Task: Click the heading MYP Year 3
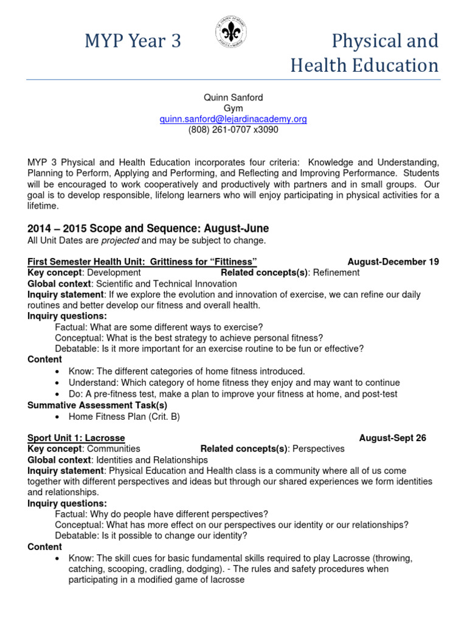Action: [x=132, y=41]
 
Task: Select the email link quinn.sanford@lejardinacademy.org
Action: [x=233, y=119]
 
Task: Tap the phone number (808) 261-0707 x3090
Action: [x=233, y=130]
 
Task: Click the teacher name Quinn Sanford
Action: [x=233, y=98]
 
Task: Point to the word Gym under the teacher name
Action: [x=233, y=108]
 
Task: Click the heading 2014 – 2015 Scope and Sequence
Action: [x=148, y=229]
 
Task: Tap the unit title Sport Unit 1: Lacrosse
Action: [x=76, y=438]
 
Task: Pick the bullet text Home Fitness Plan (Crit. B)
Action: [x=124, y=417]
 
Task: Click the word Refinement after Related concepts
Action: [x=336, y=273]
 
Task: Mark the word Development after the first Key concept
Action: [x=112, y=273]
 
